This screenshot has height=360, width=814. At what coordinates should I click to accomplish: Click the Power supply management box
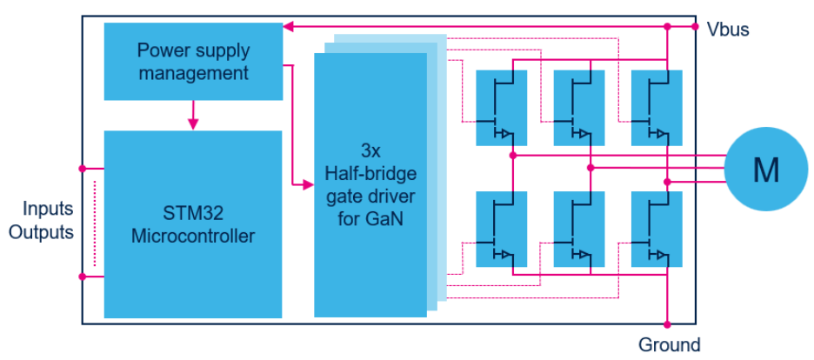point(193,61)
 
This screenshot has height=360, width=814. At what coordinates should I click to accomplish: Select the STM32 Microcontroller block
point(193,224)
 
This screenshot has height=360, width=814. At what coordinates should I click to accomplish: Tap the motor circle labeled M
point(765,170)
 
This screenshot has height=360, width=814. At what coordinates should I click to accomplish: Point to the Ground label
point(669,345)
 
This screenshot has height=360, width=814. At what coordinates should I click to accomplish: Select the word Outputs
point(41,233)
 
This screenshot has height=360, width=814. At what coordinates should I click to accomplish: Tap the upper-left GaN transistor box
point(501,107)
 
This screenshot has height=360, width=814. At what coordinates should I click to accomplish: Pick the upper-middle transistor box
point(578,107)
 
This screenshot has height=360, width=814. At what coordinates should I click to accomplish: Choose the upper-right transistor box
point(656,107)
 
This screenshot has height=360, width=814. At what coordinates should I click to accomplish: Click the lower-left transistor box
point(501,228)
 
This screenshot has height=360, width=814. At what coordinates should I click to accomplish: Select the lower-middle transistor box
point(578,228)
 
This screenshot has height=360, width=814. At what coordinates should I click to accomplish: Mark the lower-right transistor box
point(656,228)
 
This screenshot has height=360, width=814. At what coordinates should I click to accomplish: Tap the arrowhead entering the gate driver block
point(307,184)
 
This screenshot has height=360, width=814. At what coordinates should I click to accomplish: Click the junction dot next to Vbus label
point(696,27)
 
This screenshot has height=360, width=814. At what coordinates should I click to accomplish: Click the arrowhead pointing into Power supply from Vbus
point(289,27)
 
